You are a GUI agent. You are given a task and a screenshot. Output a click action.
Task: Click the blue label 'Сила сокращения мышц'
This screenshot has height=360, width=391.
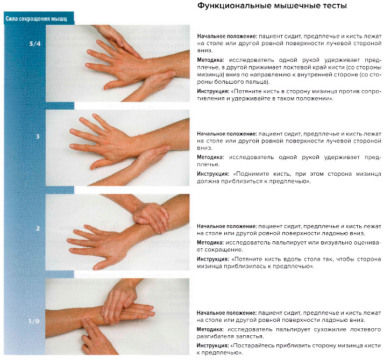pos(37,19)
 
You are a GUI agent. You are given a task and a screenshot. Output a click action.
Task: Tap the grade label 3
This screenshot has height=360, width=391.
pos(38,136)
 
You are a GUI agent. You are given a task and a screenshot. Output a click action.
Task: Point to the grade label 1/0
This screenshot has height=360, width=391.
pos(34,321)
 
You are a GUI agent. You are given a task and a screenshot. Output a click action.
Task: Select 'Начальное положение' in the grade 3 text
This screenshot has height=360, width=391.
pos(226,132)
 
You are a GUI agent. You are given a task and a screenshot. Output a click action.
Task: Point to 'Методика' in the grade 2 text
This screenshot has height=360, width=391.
pos(211,242)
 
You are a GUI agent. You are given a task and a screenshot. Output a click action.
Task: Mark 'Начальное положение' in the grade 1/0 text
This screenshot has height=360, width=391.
pos(226,312)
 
